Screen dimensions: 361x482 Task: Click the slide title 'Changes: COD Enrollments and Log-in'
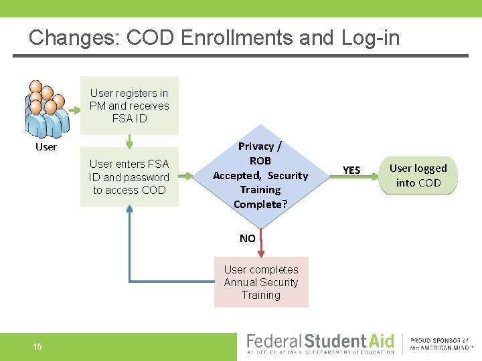pyautogui.click(x=214, y=37)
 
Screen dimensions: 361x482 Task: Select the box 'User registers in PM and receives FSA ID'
pyautogui.click(x=129, y=106)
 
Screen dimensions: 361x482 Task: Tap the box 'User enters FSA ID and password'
pyautogui.click(x=129, y=176)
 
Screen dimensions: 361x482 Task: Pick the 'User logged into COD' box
pyautogui.click(x=418, y=175)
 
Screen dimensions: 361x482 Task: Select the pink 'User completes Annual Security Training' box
pyautogui.click(x=261, y=282)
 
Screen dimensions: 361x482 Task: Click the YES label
pyautogui.click(x=351, y=170)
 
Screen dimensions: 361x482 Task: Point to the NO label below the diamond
pyautogui.click(x=247, y=238)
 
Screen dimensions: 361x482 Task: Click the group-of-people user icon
pyautogui.click(x=46, y=109)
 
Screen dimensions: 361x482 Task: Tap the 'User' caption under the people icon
pyautogui.click(x=46, y=147)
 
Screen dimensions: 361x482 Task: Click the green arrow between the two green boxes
pyautogui.click(x=129, y=141)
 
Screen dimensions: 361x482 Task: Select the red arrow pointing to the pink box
pyautogui.click(x=261, y=244)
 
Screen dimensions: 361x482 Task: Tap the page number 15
pyautogui.click(x=37, y=346)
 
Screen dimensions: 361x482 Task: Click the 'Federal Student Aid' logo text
pyautogui.click(x=321, y=341)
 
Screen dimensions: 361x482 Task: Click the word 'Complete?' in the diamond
pyautogui.click(x=260, y=205)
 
